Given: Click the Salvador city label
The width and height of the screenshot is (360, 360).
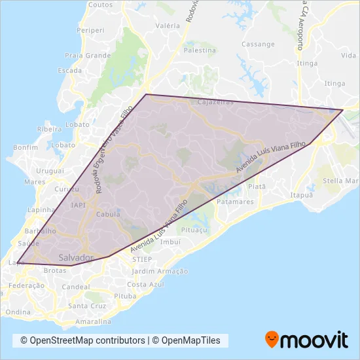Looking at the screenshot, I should (x=76, y=257).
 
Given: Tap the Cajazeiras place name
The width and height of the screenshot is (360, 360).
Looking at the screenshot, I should (x=215, y=103).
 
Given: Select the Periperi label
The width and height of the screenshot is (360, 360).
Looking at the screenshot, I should (x=90, y=30).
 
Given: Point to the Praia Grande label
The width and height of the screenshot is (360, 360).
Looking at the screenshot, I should (x=88, y=56).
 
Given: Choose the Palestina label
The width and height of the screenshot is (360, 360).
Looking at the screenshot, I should (x=200, y=50).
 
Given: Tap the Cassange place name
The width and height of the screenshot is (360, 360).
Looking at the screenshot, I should (x=258, y=45).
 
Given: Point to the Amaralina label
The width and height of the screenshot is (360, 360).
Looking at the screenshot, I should (x=92, y=322).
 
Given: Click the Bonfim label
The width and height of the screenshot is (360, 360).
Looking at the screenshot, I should (x=25, y=148).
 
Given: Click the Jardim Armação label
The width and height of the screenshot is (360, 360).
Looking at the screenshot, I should (x=160, y=271).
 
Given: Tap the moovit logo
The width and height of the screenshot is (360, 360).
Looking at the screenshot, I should (x=306, y=340).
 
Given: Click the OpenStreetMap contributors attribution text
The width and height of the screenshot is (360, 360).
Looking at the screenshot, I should (x=82, y=340).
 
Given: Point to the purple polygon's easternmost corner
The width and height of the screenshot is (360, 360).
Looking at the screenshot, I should (x=342, y=110).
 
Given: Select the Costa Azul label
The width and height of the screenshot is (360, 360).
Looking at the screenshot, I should (x=145, y=284).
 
